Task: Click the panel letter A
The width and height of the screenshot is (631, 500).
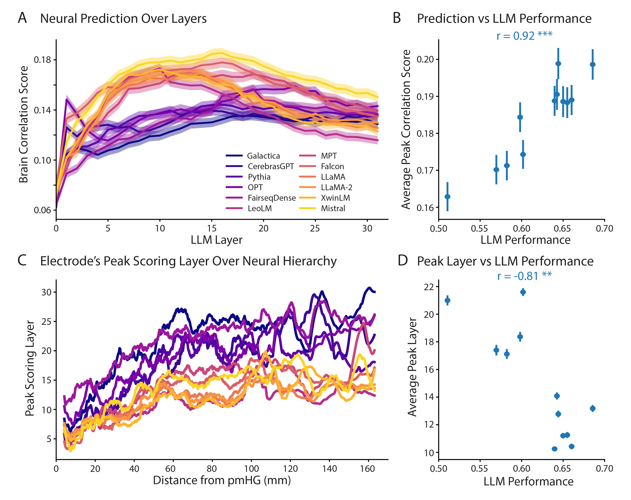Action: pyautogui.click(x=23, y=18)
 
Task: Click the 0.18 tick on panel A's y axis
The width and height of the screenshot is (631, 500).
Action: pyautogui.click(x=42, y=60)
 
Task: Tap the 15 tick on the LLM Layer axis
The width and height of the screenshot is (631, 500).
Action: pyautogui.click(x=212, y=228)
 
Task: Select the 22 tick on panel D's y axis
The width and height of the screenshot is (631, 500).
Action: pyautogui.click(x=429, y=287)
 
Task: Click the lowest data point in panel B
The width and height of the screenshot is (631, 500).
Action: pyautogui.click(x=447, y=196)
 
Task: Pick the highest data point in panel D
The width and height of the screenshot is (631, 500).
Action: pyautogui.click(x=523, y=292)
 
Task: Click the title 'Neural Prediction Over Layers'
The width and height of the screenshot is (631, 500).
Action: pyautogui.click(x=123, y=19)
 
